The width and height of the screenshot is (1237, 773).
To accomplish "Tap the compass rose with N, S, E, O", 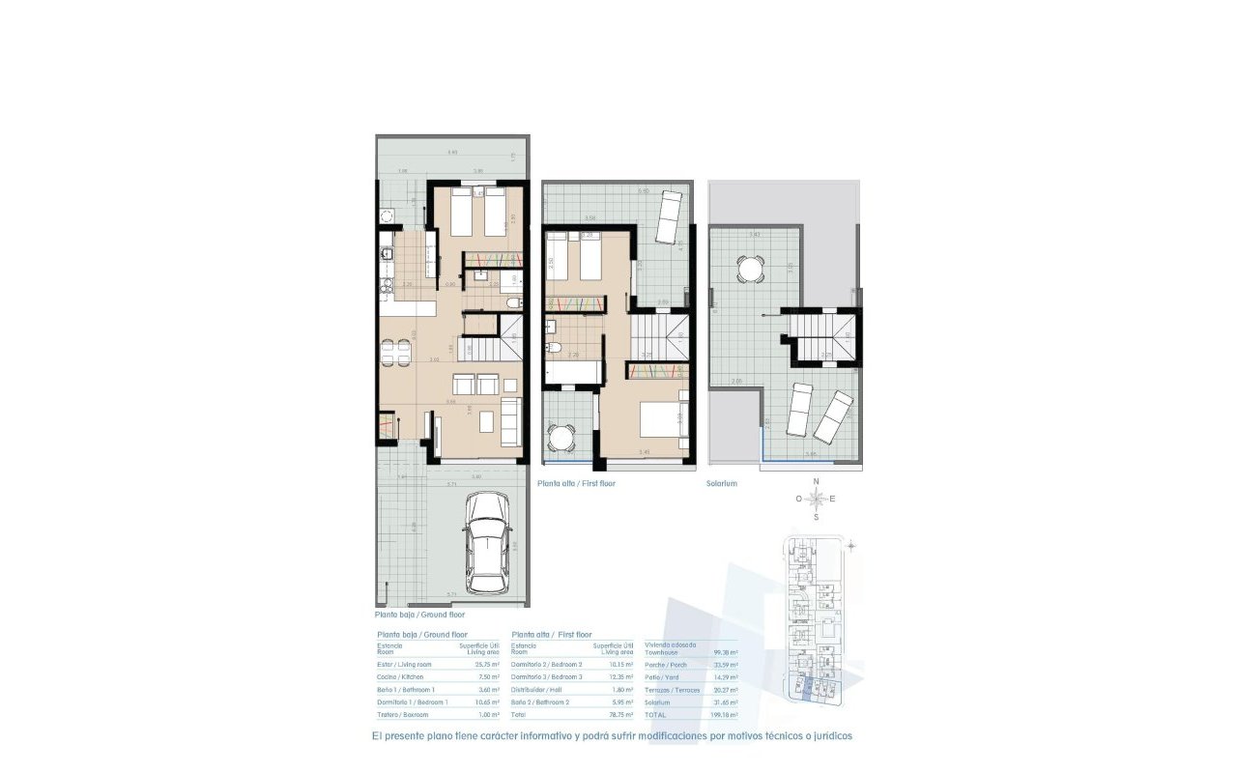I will tap(817, 500).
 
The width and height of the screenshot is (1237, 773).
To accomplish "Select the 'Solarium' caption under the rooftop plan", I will tap(722, 483).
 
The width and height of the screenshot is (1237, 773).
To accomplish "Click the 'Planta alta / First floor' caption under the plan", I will tap(576, 483).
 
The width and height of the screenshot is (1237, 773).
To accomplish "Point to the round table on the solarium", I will tap(748, 268).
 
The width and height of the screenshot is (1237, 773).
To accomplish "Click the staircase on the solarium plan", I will tap(820, 338).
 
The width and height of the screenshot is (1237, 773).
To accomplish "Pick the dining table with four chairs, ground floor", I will tap(400, 354).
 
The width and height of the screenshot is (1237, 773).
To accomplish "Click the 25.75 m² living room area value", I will tap(485, 664).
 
